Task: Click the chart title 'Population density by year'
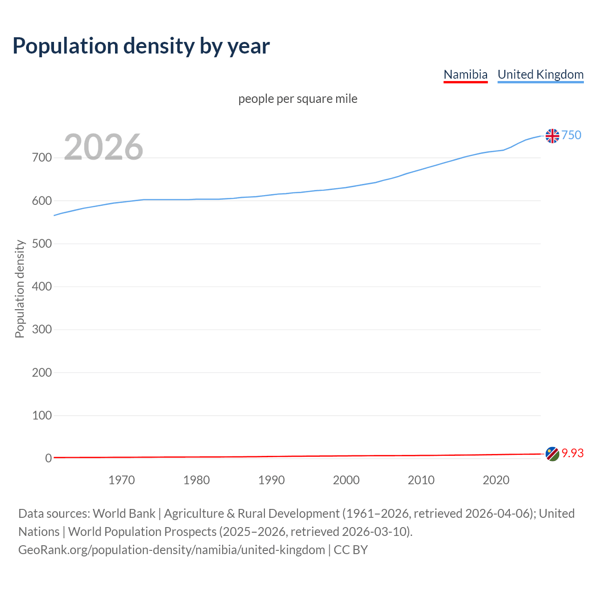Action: tap(141, 46)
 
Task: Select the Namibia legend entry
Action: tap(465, 74)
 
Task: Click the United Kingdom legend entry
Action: tap(540, 74)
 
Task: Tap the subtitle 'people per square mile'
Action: tap(298, 99)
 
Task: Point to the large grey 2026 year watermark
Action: tap(103, 147)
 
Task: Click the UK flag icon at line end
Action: tap(552, 136)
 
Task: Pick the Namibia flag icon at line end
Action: tap(552, 454)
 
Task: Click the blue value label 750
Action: tap(571, 135)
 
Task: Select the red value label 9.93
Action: tap(572, 453)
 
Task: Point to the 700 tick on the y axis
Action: tap(41, 158)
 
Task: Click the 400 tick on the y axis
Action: tap(41, 286)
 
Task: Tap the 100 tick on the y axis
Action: tap(41, 415)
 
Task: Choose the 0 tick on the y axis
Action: tap(48, 458)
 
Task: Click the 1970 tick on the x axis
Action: tap(122, 480)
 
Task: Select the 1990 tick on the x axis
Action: tap(271, 480)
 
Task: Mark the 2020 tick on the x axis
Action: tap(496, 480)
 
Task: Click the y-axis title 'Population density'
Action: tap(20, 289)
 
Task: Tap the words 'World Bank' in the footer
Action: tap(124, 514)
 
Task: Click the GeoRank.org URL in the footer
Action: tap(171, 550)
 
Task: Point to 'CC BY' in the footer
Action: tap(351, 550)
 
